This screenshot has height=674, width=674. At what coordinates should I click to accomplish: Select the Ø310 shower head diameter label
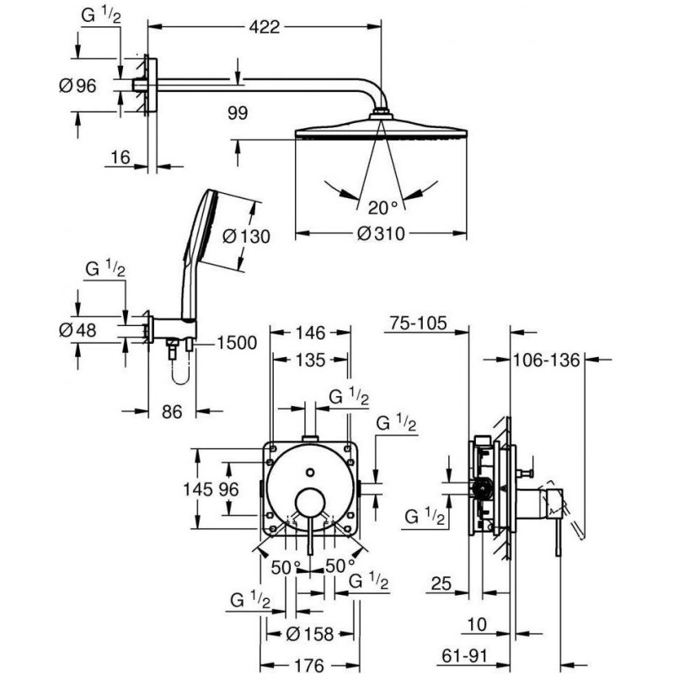coord(383,233)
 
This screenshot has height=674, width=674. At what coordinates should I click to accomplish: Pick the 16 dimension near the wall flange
coord(120,158)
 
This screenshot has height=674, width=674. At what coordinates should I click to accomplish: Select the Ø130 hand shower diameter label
coord(246,237)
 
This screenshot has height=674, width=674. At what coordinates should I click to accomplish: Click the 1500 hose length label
coord(237,342)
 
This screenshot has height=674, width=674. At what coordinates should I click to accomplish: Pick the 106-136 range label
coord(546,360)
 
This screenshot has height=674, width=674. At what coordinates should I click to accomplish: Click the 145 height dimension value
coord(211,489)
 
